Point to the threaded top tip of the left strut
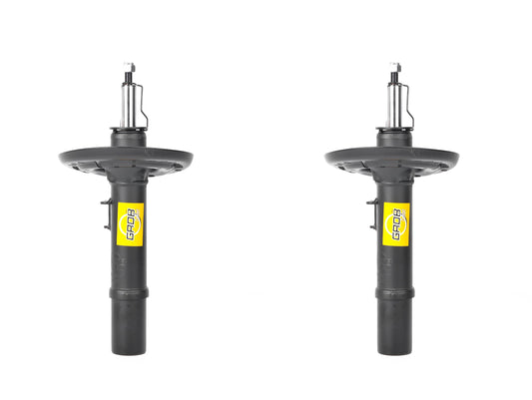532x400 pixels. (x=129, y=68)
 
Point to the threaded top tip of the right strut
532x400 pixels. (x=395, y=68)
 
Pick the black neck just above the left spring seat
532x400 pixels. (x=129, y=137)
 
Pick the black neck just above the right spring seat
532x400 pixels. (x=395, y=137)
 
